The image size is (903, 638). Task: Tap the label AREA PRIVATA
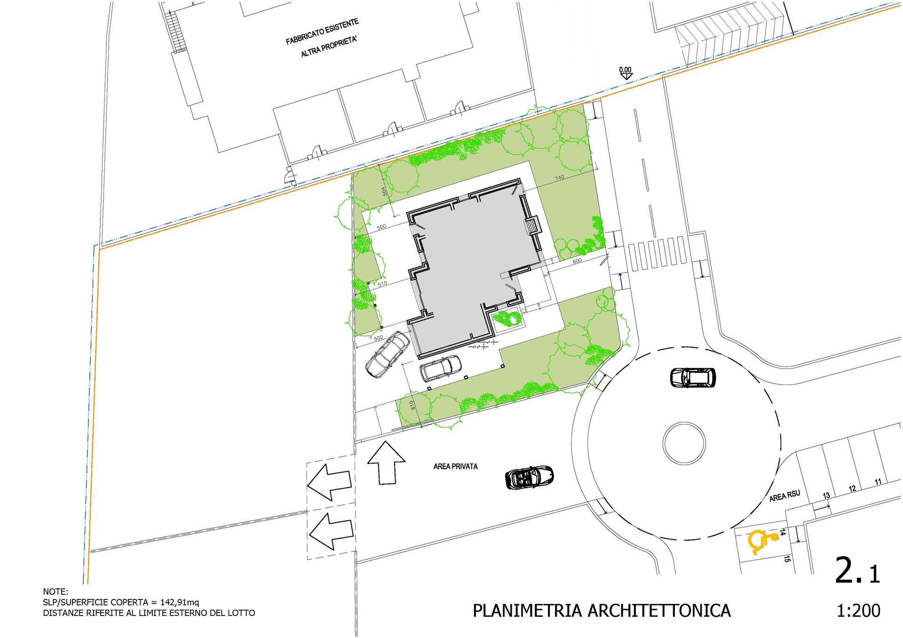[455, 466]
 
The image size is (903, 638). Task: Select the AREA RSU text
[784, 496]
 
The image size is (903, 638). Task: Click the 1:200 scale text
[858, 610]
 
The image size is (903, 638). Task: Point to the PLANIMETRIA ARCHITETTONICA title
[602, 611]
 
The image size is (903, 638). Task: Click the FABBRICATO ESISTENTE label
[322, 32]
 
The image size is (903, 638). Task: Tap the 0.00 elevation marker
[625, 72]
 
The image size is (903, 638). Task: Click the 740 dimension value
[559, 178]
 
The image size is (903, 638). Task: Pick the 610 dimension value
[412, 405]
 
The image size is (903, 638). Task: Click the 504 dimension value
[384, 191]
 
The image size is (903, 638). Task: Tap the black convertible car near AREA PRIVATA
[529, 477]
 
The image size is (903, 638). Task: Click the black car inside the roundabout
[693, 377]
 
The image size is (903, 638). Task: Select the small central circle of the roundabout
[684, 443]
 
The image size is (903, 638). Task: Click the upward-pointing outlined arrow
[386, 463]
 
